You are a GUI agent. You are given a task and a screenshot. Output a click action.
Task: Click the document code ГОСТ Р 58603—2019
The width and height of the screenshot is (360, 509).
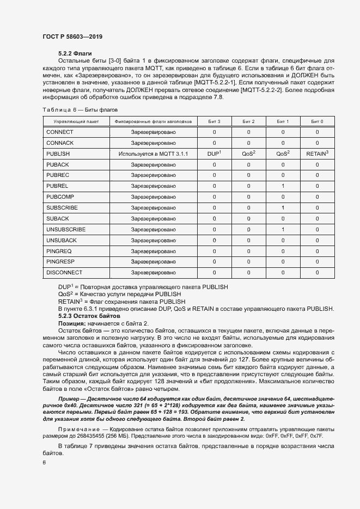pyautogui.click(x=72, y=36)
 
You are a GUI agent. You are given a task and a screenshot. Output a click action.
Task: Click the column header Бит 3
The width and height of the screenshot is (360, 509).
pyautogui.click(x=214, y=121)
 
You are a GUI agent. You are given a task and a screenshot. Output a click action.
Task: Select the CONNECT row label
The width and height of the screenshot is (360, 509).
pyautogui.click(x=60, y=132)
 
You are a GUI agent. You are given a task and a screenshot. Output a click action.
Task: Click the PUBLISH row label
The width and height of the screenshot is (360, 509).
pyautogui.click(x=58, y=154)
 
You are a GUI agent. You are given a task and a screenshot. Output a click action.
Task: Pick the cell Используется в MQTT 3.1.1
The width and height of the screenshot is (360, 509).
pyautogui.click(x=153, y=154)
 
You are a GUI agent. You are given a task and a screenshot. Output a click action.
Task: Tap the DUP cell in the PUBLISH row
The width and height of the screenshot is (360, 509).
pyautogui.click(x=213, y=154)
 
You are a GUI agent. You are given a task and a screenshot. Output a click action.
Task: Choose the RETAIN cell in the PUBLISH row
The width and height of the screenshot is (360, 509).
pyautogui.click(x=317, y=154)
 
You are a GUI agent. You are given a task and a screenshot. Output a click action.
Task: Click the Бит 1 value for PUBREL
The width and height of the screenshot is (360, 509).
pyautogui.click(x=283, y=186)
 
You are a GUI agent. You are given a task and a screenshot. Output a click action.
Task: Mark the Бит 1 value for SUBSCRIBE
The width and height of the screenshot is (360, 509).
pyautogui.click(x=283, y=208)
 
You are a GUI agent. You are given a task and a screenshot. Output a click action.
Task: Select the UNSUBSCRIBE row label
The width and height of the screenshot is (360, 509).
pyautogui.click(x=66, y=229)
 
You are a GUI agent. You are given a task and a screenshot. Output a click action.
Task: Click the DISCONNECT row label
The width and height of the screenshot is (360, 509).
pyautogui.click(x=64, y=272)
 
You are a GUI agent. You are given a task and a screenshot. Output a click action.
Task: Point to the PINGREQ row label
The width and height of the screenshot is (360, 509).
pyautogui.click(x=59, y=251)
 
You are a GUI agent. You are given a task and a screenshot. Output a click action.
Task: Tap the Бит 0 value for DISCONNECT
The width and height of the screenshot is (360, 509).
pyautogui.click(x=317, y=272)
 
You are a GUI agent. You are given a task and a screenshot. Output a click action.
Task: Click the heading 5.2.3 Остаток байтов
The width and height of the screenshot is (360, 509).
pyautogui.click(x=88, y=316)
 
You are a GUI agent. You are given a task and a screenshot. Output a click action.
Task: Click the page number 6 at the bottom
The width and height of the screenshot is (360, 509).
pyautogui.click(x=44, y=462)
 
